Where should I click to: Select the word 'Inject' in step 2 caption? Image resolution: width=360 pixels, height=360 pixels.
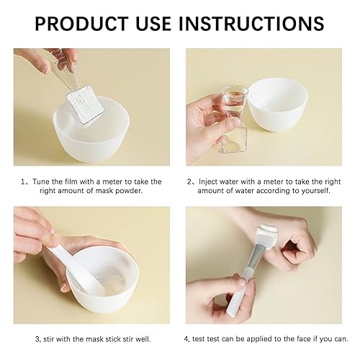click(210, 181)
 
